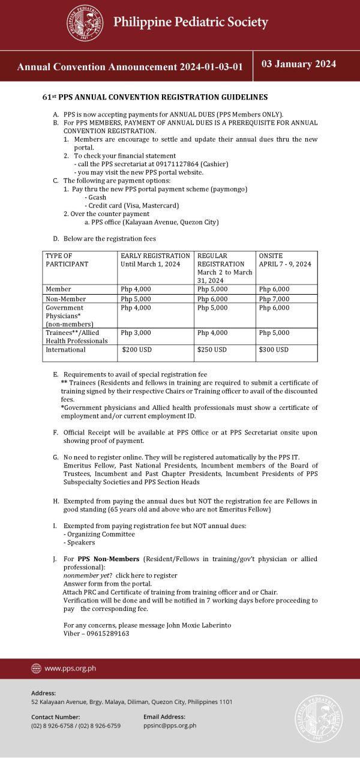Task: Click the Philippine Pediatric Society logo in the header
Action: (x=85, y=23)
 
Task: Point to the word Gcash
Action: (x=96, y=197)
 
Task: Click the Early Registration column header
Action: (x=155, y=259)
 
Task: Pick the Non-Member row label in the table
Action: (x=66, y=299)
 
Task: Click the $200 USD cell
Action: (x=137, y=349)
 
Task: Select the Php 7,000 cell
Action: (x=274, y=299)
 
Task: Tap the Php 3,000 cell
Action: (x=136, y=332)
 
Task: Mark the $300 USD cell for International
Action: (x=274, y=349)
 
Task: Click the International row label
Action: (x=66, y=349)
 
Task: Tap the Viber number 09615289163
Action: (x=107, y=633)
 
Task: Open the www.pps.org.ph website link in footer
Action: (x=70, y=668)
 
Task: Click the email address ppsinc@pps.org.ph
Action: (x=170, y=726)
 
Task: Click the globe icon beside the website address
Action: (x=36, y=668)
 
